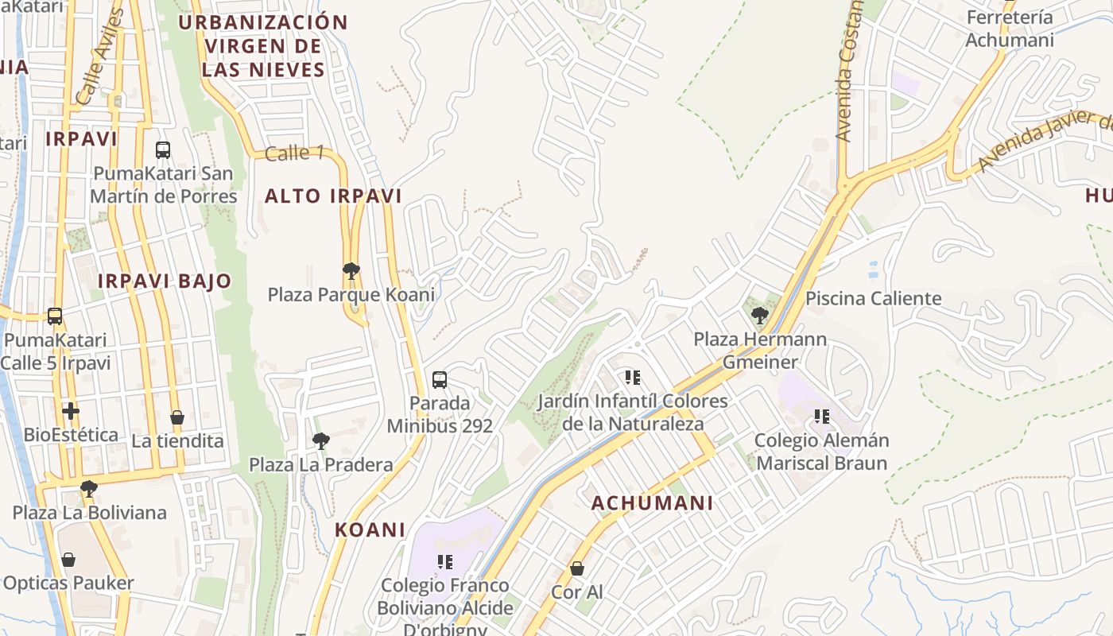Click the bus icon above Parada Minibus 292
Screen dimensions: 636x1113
(440, 379)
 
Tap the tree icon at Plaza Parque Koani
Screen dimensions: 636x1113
(351, 271)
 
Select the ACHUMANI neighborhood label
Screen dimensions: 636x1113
(652, 502)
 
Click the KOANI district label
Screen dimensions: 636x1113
(370, 529)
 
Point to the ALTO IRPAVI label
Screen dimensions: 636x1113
(333, 196)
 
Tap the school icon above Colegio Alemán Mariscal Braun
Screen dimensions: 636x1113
(821, 416)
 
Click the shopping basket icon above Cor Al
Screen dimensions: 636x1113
(577, 568)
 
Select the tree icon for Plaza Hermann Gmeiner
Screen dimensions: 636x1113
(759, 316)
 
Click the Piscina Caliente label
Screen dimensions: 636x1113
(873, 299)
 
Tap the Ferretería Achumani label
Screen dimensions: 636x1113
(1009, 29)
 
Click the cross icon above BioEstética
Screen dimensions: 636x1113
(71, 411)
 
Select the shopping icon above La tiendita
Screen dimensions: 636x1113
(177, 417)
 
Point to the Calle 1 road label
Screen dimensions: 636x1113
(294, 153)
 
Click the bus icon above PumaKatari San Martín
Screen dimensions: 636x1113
(163, 149)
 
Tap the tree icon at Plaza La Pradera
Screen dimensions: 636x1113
(320, 440)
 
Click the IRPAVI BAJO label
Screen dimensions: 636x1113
(165, 281)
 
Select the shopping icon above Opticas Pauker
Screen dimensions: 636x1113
(68, 560)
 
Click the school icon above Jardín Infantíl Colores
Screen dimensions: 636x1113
(633, 377)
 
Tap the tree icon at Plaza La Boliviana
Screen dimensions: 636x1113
(89, 488)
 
